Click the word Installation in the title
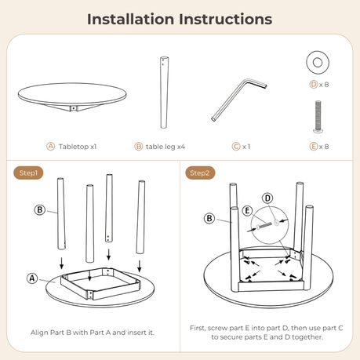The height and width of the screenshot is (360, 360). click(130, 20)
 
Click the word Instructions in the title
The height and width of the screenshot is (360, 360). click(226, 20)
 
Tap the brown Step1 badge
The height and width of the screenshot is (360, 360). click(28, 173)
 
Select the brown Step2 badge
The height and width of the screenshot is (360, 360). click(200, 173)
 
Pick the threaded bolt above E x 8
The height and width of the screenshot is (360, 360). click(318, 117)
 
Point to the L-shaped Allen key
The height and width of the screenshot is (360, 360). click(238, 100)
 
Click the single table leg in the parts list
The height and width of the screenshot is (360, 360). click(164, 92)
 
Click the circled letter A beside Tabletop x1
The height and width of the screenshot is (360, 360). click(50, 146)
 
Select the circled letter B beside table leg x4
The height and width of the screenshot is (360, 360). click(138, 146)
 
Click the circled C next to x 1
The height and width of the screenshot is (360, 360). click(236, 146)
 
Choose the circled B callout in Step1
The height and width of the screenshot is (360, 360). click(40, 209)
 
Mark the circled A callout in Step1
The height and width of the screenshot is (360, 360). click(32, 278)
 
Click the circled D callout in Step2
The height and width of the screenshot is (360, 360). click(267, 198)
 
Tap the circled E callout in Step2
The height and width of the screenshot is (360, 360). click(247, 211)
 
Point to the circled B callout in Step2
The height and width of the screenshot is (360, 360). click(209, 218)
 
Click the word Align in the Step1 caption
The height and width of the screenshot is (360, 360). click(39, 333)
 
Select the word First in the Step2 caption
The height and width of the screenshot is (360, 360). click(198, 328)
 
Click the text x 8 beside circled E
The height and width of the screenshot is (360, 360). click(324, 147)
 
